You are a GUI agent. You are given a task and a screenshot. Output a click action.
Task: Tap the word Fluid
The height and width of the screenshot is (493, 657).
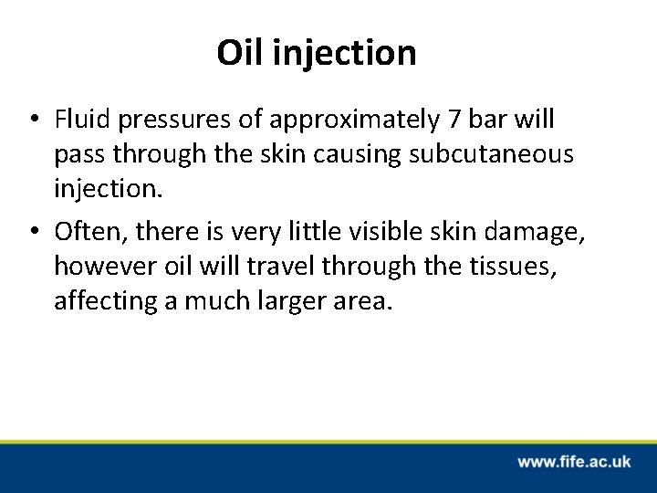pyautogui.click(x=79, y=121)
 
